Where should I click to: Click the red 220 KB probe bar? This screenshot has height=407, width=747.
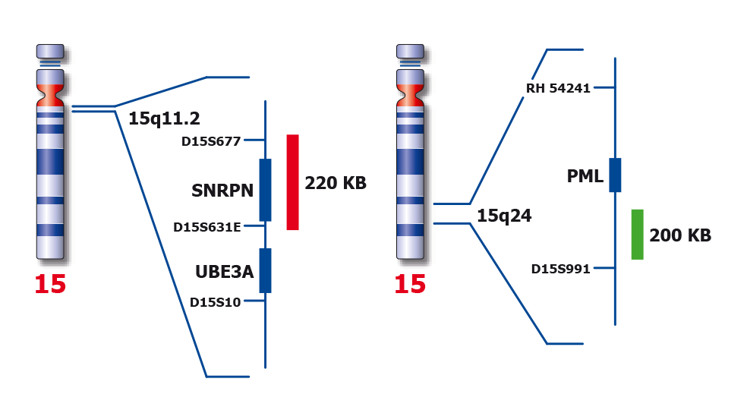click(292, 182)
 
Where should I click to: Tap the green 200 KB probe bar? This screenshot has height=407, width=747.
click(637, 234)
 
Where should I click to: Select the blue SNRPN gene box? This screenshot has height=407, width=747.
click(265, 190)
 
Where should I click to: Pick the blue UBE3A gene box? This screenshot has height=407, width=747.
click(265, 270)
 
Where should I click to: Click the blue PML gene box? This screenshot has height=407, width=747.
click(615, 175)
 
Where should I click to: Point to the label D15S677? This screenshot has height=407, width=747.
click(211, 140)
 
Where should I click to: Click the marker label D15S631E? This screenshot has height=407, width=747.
click(207, 226)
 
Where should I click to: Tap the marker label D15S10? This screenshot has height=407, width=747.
click(216, 302)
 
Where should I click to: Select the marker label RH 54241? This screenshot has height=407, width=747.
click(558, 88)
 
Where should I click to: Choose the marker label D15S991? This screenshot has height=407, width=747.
click(561, 268)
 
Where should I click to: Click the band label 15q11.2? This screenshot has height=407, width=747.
click(163, 118)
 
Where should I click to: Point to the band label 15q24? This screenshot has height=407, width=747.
click(504, 216)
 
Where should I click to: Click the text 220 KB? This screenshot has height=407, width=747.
click(336, 183)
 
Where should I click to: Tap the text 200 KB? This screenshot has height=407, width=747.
click(680, 235)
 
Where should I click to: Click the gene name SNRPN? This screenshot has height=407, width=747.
click(222, 191)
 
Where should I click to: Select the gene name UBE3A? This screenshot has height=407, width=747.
click(223, 271)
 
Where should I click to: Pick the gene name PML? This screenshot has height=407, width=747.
click(585, 176)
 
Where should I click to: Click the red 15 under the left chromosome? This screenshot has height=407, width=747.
click(50, 285)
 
